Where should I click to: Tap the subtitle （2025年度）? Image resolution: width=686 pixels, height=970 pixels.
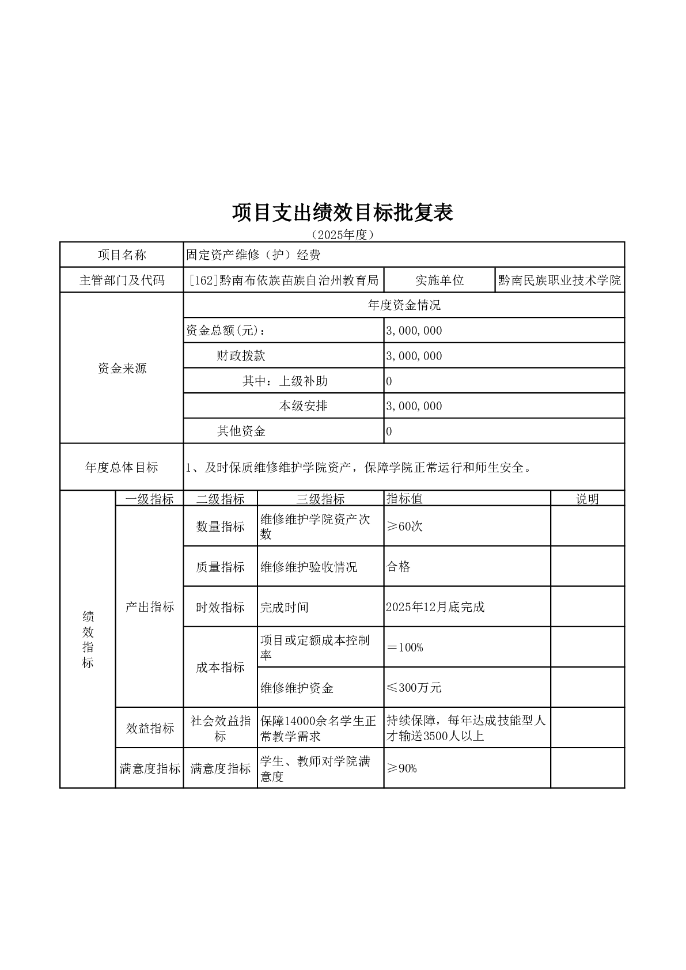click(343, 235)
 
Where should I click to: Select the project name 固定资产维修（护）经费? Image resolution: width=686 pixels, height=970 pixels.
click(253, 255)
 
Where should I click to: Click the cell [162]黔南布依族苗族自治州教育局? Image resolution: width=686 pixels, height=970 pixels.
click(284, 281)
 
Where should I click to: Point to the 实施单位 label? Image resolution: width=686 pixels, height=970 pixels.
click(439, 281)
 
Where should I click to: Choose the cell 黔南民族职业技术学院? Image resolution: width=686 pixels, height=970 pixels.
click(559, 281)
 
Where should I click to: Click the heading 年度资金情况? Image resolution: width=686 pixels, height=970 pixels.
click(404, 305)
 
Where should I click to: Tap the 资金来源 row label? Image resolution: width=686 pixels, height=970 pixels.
click(122, 369)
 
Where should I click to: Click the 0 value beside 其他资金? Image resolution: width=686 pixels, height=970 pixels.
click(389, 431)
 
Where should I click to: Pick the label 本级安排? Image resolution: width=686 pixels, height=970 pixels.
click(303, 406)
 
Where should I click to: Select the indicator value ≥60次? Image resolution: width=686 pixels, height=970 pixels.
click(404, 526)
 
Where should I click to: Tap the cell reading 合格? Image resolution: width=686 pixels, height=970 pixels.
click(398, 567)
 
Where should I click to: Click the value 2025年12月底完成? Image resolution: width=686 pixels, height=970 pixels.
click(435, 607)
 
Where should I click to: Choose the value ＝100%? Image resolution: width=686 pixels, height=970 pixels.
click(405, 647)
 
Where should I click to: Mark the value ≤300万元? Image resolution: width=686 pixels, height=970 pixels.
click(414, 688)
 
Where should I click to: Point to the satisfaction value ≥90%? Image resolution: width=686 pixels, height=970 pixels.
click(401, 768)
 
